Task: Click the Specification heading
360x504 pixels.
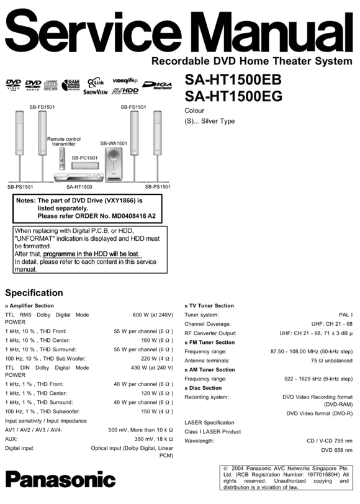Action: coord(34,293)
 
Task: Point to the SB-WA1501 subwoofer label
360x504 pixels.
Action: coord(114,143)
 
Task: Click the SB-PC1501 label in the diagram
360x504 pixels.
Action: coord(84,158)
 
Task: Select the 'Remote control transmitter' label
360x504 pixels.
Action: coord(64,142)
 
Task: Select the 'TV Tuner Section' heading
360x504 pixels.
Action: coord(212,305)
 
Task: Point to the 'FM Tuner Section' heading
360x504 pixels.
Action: coord(212,342)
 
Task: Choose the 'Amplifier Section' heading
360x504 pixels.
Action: coord(32,305)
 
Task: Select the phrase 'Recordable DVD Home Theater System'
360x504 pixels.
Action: coord(251,61)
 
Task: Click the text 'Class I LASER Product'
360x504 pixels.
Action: coord(212,431)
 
